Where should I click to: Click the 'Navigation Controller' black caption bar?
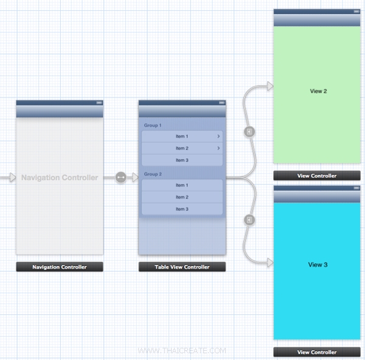point(60,267)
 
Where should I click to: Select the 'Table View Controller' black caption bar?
point(182,267)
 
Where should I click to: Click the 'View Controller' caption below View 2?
point(316,175)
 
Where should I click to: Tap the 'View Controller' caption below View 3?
point(316,352)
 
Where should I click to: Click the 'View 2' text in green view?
point(318,91)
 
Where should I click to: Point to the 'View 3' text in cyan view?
point(318,265)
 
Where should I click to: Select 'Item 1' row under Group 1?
point(182,136)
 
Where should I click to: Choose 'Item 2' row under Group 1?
point(182,149)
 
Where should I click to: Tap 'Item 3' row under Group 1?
point(182,160)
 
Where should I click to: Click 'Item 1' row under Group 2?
point(182,185)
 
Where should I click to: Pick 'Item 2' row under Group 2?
point(182,197)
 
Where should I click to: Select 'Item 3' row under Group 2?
point(182,209)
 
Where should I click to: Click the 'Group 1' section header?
point(153,125)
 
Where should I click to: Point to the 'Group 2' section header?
point(153,174)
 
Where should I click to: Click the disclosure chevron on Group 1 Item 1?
point(218,136)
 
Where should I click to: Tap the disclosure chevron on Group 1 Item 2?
point(218,149)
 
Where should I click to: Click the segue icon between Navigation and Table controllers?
point(120,177)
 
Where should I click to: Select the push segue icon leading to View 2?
point(249,132)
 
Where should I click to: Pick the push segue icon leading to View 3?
point(249,220)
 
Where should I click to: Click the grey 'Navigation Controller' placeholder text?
point(60,178)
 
